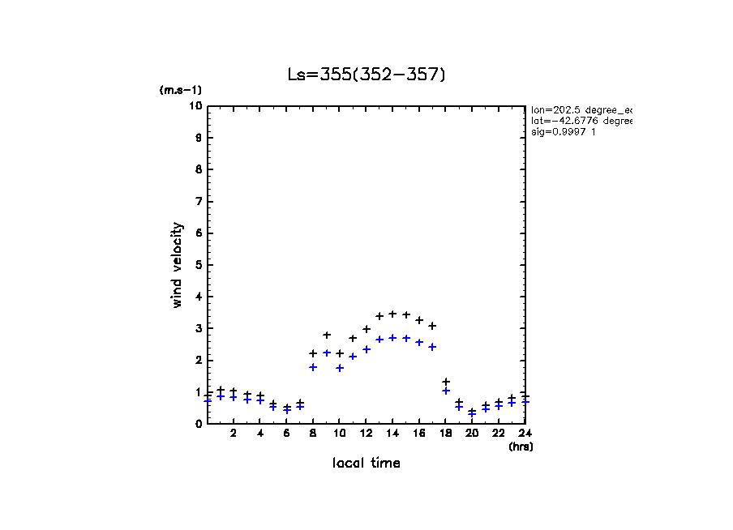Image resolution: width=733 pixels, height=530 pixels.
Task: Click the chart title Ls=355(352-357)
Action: pyautogui.click(x=366, y=75)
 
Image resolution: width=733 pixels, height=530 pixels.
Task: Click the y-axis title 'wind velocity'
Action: pyautogui.click(x=177, y=265)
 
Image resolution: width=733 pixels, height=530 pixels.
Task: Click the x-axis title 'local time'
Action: pyautogui.click(x=366, y=464)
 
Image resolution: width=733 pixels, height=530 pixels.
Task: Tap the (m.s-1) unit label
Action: pyautogui.click(x=180, y=91)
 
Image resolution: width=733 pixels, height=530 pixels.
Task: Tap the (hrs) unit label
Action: pyautogui.click(x=521, y=446)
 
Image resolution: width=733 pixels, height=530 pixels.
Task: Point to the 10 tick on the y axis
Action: pyautogui.click(x=195, y=106)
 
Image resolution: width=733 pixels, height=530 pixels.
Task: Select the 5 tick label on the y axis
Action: pyautogui.click(x=198, y=265)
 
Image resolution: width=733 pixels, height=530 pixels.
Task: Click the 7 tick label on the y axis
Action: pyautogui.click(x=198, y=202)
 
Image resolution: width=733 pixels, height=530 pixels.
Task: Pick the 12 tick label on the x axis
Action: pyautogui.click(x=366, y=434)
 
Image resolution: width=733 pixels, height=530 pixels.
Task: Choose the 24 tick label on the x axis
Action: pyautogui.click(x=525, y=434)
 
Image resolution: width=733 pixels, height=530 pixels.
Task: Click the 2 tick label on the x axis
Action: pyautogui.click(x=234, y=434)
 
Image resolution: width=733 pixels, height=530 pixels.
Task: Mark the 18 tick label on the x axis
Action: pyautogui.click(x=445, y=434)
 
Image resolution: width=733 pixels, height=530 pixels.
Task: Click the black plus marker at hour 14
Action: pyautogui.click(x=392, y=314)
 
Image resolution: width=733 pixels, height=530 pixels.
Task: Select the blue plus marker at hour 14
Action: pyautogui.click(x=392, y=338)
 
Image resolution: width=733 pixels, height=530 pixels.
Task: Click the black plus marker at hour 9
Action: pyautogui.click(x=327, y=335)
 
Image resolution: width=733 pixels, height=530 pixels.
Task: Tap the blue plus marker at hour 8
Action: pyautogui.click(x=313, y=367)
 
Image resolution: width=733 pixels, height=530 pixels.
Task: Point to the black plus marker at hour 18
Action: pyautogui.click(x=445, y=382)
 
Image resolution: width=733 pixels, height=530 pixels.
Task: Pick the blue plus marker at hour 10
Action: pyautogui.click(x=340, y=368)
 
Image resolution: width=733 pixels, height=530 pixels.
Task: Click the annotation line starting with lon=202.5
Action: pyautogui.click(x=581, y=109)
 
